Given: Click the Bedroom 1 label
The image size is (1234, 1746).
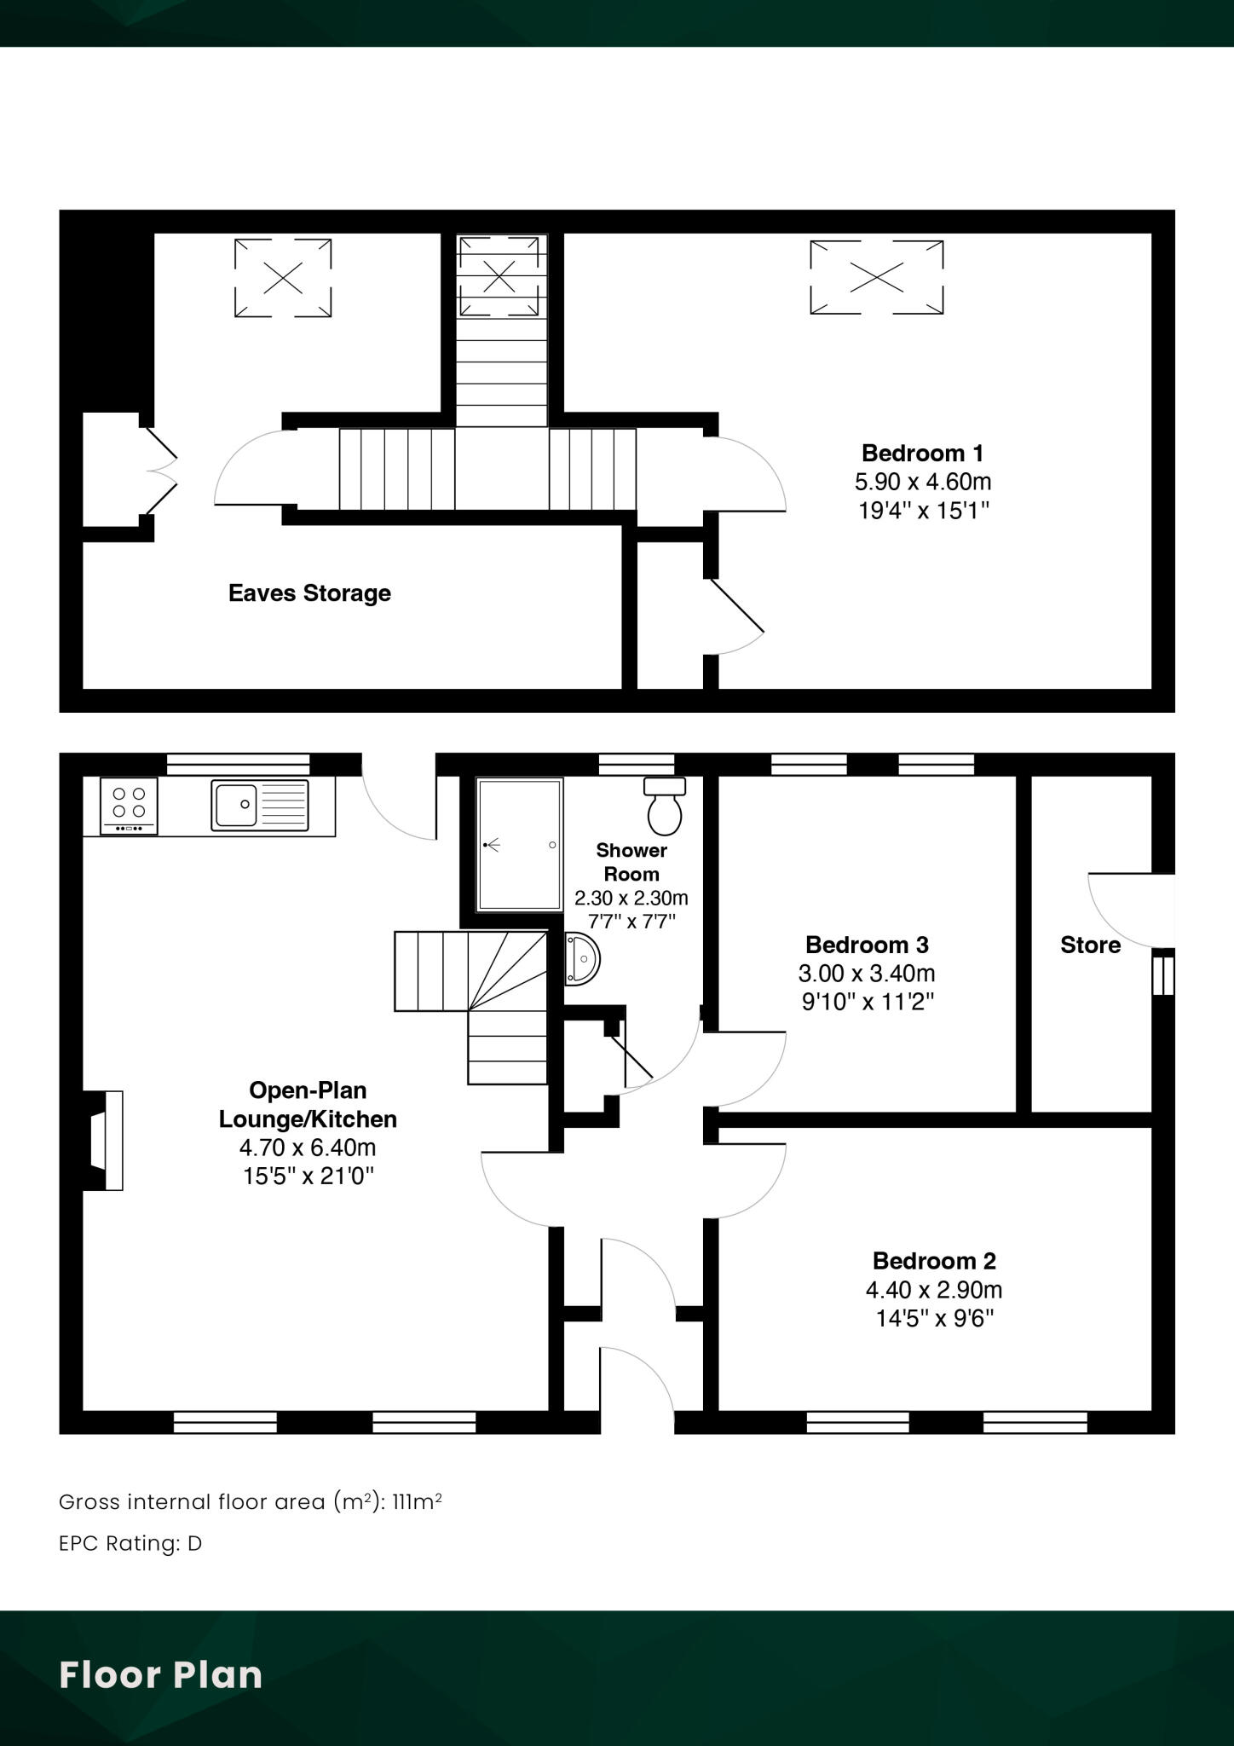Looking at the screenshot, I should [x=922, y=453].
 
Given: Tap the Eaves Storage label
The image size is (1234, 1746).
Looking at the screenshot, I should [x=309, y=593].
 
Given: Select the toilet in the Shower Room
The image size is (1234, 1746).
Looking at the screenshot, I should [x=665, y=806].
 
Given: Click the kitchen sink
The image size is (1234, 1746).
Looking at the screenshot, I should [x=260, y=805].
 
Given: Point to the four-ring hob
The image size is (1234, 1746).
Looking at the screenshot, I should [x=129, y=806].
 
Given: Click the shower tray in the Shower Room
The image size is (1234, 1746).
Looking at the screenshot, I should [x=519, y=844].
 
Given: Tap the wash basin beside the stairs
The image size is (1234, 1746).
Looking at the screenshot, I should [x=582, y=959].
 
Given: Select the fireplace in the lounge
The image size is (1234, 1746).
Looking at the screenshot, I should [x=104, y=1140].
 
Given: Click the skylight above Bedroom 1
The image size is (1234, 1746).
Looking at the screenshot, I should [x=876, y=277].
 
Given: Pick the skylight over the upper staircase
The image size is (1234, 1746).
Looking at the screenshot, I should [x=499, y=275].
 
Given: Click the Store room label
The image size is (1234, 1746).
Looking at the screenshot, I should [x=1090, y=945].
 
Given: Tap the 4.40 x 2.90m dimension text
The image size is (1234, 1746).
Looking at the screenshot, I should [x=934, y=1290].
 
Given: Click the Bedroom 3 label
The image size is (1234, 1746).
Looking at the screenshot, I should [x=867, y=945].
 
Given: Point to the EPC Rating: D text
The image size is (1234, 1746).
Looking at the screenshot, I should [x=130, y=1544].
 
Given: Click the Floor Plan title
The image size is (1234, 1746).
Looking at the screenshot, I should [x=160, y=1674].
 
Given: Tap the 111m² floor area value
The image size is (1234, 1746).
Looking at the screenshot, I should [x=416, y=1502].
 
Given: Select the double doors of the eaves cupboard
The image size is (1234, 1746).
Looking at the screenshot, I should [x=160, y=471].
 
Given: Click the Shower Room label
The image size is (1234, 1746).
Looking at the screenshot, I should [x=631, y=862].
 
